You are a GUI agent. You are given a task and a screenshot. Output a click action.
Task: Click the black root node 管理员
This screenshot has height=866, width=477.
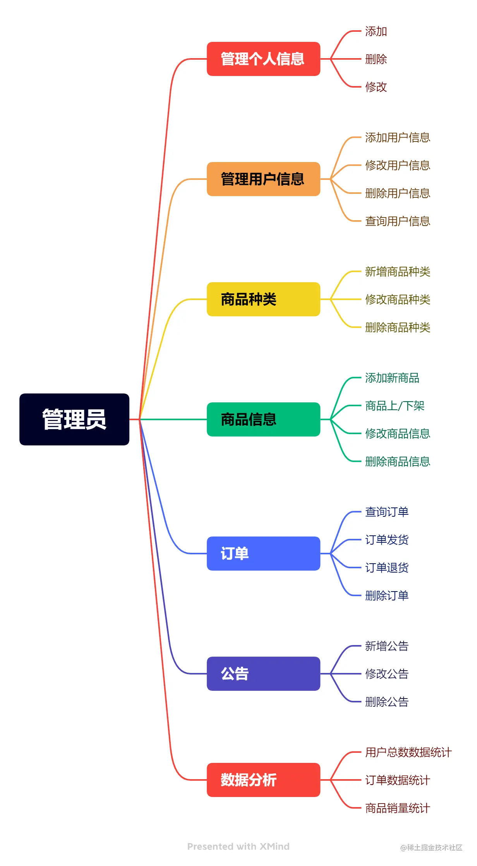click(74, 419)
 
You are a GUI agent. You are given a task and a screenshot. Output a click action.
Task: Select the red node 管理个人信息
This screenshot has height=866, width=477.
click(263, 59)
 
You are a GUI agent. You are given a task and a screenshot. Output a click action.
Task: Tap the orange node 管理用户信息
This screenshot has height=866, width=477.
click(263, 179)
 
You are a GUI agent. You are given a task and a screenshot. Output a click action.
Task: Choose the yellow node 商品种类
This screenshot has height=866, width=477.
click(263, 299)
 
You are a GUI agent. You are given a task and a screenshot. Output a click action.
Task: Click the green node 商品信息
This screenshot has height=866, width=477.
click(263, 419)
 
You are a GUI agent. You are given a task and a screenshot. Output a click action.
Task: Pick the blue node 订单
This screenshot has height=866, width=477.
click(263, 554)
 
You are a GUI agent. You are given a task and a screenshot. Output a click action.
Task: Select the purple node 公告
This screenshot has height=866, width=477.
click(263, 674)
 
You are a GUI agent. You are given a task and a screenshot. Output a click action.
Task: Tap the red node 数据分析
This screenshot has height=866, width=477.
click(263, 780)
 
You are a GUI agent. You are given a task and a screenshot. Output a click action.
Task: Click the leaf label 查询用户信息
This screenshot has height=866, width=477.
click(398, 221)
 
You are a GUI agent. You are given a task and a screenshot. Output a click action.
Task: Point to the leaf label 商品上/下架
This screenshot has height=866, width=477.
click(395, 406)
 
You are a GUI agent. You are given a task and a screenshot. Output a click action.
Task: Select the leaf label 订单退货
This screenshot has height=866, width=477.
click(387, 568)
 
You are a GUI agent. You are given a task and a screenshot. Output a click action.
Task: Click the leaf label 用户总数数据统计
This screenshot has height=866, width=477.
click(408, 752)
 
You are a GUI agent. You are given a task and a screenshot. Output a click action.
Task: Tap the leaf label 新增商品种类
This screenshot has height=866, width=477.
click(398, 271)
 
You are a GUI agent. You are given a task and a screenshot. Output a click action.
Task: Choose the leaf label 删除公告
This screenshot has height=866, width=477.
click(387, 702)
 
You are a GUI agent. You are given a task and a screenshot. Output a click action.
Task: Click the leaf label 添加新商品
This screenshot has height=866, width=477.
click(392, 378)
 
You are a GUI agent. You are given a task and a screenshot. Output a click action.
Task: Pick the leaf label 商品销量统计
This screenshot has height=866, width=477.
click(398, 808)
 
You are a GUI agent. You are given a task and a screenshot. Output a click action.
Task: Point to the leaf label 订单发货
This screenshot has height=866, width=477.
click(387, 540)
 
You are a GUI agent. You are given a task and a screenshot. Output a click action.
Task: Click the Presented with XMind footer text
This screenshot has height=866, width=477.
click(238, 847)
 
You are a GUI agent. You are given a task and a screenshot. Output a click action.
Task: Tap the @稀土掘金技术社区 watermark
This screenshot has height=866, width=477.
click(431, 848)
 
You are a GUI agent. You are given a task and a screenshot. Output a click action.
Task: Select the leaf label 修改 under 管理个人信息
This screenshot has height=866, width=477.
click(376, 87)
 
